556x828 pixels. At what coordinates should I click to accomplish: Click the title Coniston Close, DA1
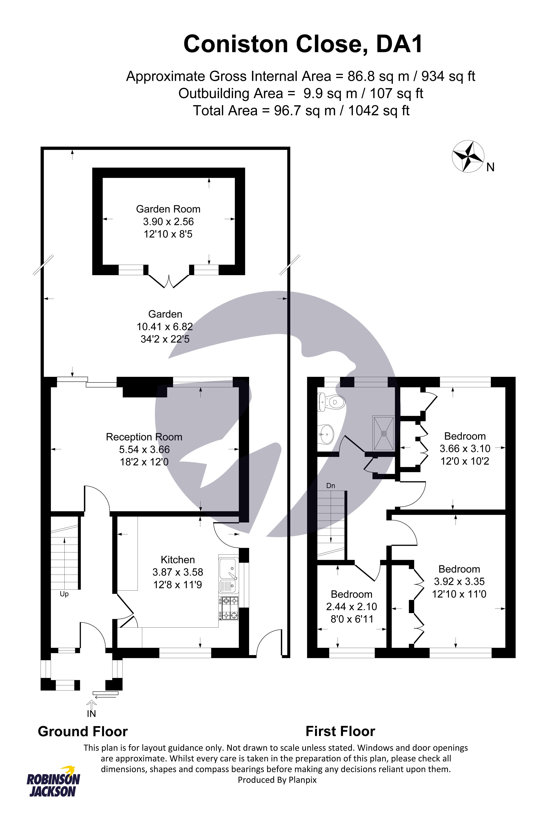(303, 44)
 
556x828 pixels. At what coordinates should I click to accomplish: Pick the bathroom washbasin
(325, 434)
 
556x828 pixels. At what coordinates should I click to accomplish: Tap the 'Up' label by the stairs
(64, 594)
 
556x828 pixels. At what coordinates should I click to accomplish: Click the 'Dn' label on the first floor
(330, 486)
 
